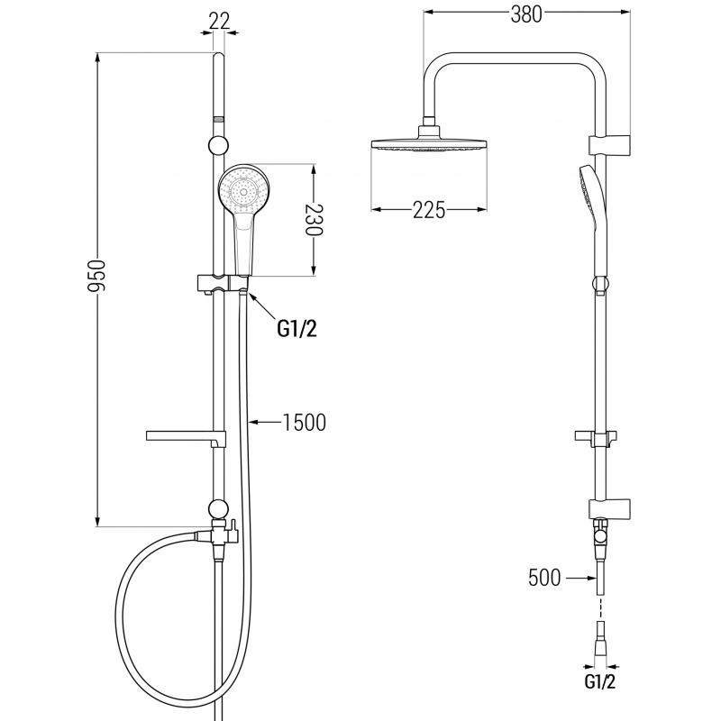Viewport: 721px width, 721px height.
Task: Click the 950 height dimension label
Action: click(x=97, y=276)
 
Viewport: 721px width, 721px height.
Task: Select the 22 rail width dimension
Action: click(x=219, y=21)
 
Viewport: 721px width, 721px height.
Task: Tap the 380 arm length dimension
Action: click(x=526, y=14)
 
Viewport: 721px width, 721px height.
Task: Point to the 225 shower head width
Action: click(x=429, y=210)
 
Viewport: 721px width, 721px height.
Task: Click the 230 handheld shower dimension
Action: click(x=315, y=220)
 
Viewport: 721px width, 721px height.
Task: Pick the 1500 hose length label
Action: click(x=305, y=423)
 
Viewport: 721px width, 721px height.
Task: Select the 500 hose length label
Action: click(x=544, y=578)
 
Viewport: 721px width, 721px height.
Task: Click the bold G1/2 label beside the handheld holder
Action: click(x=297, y=328)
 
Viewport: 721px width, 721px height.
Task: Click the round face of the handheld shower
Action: click(x=242, y=189)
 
